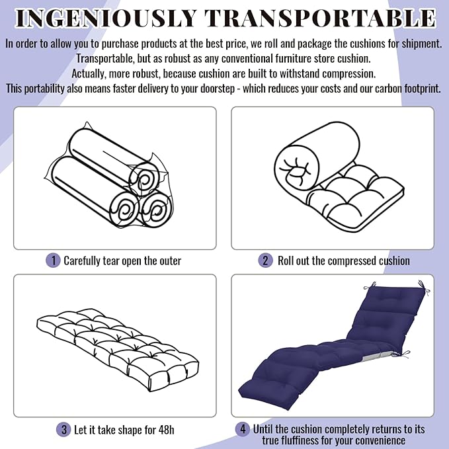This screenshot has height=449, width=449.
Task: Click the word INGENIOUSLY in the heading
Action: point(106,19)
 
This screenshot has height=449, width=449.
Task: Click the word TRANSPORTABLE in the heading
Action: point(321,19)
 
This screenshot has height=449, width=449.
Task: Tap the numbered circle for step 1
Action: point(53,261)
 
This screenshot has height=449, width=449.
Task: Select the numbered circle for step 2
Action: point(265,261)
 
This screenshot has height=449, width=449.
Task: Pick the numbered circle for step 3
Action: point(63,430)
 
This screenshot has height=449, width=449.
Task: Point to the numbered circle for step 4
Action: point(243,429)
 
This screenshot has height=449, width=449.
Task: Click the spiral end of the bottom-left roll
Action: point(124,210)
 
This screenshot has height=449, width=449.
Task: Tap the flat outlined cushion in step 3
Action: point(118,350)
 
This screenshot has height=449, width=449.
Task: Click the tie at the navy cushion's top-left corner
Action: point(370,286)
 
